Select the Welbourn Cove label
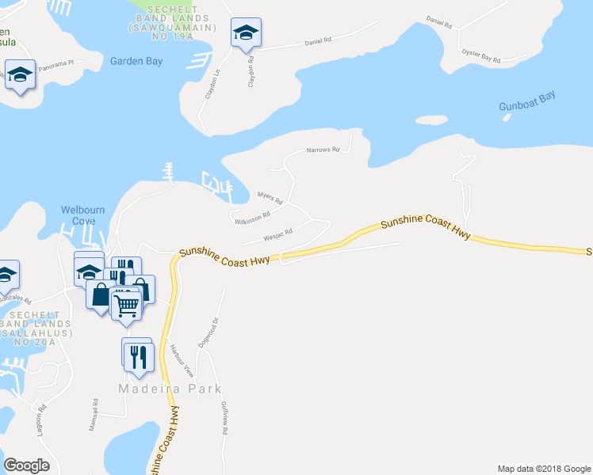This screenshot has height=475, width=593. click(x=83, y=215)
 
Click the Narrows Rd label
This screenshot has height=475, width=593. click(x=323, y=150)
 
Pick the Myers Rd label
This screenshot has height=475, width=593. click(x=270, y=197)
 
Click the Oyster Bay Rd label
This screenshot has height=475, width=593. click(x=483, y=59)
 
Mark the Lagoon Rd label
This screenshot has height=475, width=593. click(x=44, y=418)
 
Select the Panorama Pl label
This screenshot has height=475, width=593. click(x=56, y=62)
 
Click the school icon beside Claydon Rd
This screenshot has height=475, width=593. click(x=246, y=34)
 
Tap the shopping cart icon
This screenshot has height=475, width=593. click(x=126, y=303)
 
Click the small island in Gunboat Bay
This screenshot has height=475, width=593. click(x=430, y=121)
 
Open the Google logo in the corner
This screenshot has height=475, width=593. click(x=26, y=465)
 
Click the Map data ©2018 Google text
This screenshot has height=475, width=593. click(x=543, y=469)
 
